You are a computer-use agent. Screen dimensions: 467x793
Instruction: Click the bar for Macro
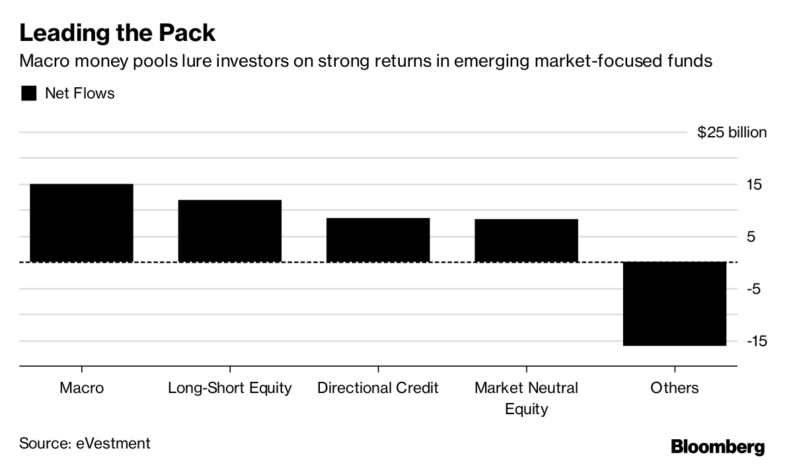pyautogui.click(x=81, y=223)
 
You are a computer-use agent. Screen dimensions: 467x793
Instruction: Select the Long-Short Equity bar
pyautogui.click(x=229, y=231)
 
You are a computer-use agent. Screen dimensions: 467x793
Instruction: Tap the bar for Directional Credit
pyautogui.click(x=378, y=240)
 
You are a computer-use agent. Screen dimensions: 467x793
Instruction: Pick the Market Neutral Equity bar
pyautogui.click(x=526, y=240)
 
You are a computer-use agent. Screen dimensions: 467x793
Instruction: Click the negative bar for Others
pyautogui.click(x=674, y=304)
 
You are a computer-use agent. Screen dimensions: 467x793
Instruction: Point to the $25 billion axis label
pyautogui.click(x=732, y=133)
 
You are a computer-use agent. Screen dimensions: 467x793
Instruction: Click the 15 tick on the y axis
pyautogui.click(x=754, y=185)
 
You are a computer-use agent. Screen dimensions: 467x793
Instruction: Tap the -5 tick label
pyautogui.click(x=754, y=289)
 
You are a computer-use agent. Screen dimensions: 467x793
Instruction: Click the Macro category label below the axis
pyautogui.click(x=81, y=388)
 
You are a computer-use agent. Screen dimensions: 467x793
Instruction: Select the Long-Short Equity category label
pyautogui.click(x=229, y=388)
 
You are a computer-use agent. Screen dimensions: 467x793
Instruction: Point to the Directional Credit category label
pyautogui.click(x=378, y=388)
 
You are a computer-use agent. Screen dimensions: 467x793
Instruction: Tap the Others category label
pyautogui.click(x=674, y=388)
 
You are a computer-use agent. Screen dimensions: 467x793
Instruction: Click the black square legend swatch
pyautogui.click(x=29, y=94)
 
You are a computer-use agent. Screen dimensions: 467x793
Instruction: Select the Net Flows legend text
pyautogui.click(x=79, y=94)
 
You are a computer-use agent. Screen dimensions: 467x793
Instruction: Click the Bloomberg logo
pyautogui.click(x=718, y=447)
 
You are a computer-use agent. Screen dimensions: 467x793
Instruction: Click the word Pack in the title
pyautogui.click(x=183, y=32)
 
